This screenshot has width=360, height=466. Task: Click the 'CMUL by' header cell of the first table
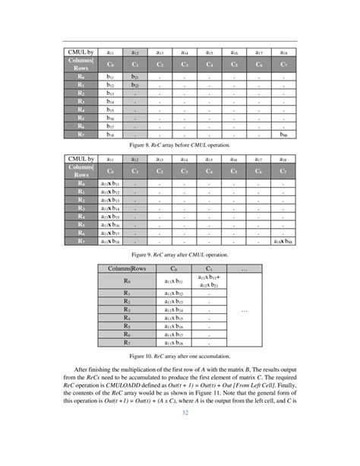(x=76, y=52)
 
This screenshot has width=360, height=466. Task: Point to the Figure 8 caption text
(x=180, y=144)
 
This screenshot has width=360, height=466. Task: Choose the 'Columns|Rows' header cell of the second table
(x=76, y=172)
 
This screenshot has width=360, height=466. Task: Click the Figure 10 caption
(x=180, y=355)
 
